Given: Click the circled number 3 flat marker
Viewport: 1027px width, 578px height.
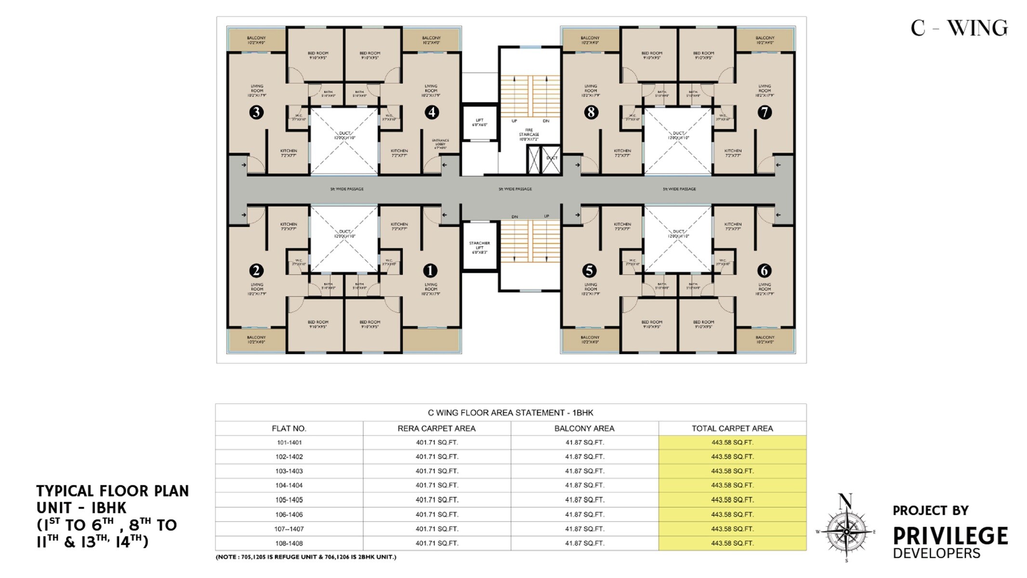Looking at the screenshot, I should click(x=256, y=112).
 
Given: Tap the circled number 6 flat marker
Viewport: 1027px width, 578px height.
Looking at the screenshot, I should click(x=764, y=271).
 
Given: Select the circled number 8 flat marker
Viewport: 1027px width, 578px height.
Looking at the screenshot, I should click(x=591, y=112).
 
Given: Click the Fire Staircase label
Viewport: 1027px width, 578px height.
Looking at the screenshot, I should click(x=529, y=134).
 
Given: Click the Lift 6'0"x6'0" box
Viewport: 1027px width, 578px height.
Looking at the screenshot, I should click(x=479, y=122).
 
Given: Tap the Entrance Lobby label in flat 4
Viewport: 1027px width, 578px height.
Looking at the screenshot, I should click(x=441, y=144).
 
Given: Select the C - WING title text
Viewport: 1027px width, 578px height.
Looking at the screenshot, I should click(x=959, y=28).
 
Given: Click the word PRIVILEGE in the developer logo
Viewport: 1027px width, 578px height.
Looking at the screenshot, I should click(x=950, y=536).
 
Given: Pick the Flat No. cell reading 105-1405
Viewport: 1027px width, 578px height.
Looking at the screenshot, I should click(x=289, y=500).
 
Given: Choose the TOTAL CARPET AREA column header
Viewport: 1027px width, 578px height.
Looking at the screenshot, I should click(x=732, y=428).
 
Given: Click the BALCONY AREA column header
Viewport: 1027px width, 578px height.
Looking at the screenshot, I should click(x=584, y=428).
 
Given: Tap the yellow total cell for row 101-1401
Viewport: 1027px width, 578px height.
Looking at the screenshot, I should click(x=732, y=442).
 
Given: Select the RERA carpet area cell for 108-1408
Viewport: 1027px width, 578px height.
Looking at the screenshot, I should click(x=437, y=543).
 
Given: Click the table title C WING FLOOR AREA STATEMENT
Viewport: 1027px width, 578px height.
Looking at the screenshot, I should click(x=511, y=413).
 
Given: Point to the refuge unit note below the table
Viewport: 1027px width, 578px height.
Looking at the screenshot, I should click(x=306, y=557).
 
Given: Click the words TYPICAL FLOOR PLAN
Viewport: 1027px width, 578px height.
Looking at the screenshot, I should click(x=113, y=491).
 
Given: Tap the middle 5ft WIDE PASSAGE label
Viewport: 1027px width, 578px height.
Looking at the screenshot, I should click(x=515, y=189).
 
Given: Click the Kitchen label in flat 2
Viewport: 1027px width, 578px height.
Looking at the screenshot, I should click(x=289, y=226).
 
